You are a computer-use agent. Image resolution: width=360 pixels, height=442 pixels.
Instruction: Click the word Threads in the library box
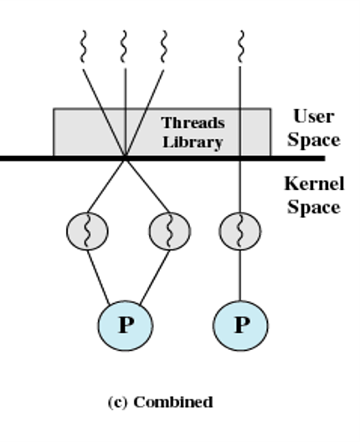tap(193, 123)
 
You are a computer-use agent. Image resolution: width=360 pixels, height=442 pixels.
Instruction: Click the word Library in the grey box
tap(193, 142)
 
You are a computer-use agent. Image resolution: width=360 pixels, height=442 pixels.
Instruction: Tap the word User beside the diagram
tap(314, 116)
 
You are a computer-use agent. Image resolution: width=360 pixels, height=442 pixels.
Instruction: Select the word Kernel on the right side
tap(314, 184)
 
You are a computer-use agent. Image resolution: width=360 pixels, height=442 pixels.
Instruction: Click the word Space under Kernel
tap(314, 208)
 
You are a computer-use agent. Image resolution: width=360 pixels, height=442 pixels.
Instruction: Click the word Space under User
tap(314, 140)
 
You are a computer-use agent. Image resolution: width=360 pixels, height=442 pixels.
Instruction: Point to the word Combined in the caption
tap(173, 402)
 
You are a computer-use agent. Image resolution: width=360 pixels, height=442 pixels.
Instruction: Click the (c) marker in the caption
tap(117, 403)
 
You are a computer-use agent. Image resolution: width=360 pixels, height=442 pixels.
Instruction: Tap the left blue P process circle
tap(126, 326)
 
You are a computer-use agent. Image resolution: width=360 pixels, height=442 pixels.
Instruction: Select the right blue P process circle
tap(240, 326)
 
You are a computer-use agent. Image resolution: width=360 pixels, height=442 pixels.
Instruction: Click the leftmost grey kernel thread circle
tap(87, 231)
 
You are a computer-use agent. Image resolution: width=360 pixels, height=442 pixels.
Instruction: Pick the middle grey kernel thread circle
tap(170, 231)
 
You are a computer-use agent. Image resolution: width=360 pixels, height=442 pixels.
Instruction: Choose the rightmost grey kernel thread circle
tap(240, 231)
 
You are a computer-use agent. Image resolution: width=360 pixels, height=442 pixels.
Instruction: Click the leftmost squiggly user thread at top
tap(83, 47)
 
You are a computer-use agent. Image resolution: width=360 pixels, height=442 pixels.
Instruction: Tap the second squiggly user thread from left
tap(124, 47)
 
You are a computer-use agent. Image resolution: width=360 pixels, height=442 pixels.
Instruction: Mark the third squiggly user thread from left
tap(164, 47)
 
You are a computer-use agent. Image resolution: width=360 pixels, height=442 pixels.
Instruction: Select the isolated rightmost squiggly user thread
tap(240, 47)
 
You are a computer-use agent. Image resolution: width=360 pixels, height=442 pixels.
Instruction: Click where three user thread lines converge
tap(126, 157)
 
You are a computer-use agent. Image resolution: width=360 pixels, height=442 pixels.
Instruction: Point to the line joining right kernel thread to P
tap(240, 275)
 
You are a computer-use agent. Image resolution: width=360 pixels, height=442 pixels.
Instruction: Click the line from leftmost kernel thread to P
tap(99, 277)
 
